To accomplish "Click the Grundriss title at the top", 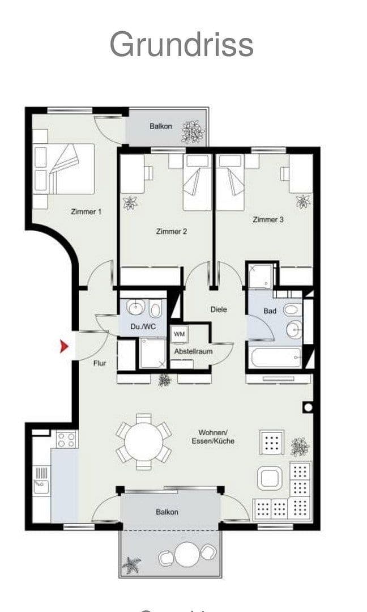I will (x=181, y=44).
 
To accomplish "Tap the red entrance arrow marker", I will (x=65, y=346).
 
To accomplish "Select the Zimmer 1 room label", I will (x=86, y=211).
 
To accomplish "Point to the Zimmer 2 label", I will (x=172, y=231).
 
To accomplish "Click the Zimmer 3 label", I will (x=268, y=219).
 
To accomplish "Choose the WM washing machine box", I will (x=180, y=334).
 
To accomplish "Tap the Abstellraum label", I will (x=193, y=351).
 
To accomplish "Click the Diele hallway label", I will (x=218, y=309).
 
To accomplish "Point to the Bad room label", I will (x=270, y=311).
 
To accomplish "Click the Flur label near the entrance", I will (x=100, y=363).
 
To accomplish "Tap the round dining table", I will (x=144, y=441).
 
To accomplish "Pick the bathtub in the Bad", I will (x=276, y=358).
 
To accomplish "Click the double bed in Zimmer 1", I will (x=64, y=169).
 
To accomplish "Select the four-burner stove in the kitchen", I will (x=66, y=440).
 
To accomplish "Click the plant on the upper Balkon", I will (x=193, y=132).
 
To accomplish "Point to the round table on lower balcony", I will (x=187, y=554).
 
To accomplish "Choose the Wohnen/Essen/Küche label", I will (x=213, y=436).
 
